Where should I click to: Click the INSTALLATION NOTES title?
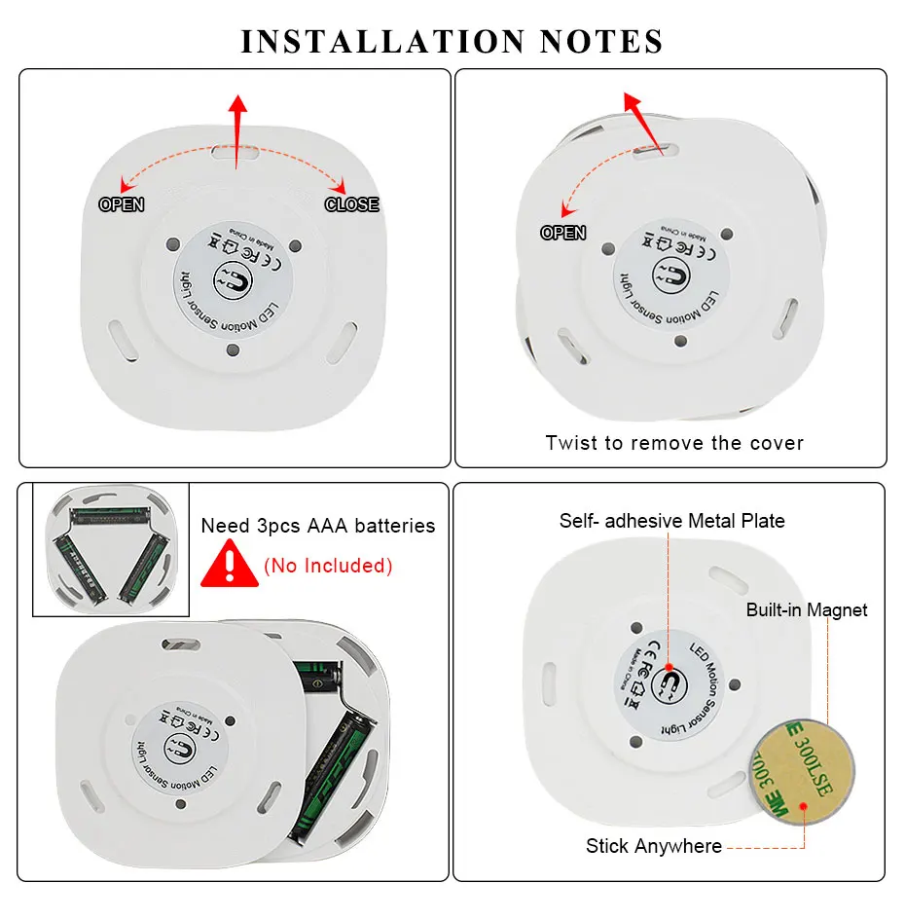tap(452, 42)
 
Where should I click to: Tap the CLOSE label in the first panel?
tap(351, 204)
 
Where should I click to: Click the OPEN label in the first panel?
tap(122, 204)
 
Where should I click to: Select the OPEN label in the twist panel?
tap(562, 233)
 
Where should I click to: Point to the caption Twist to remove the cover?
tap(674, 443)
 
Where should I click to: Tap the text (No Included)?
tap(328, 566)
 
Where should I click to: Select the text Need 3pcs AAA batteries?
tap(318, 526)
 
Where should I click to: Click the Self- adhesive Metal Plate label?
tap(671, 521)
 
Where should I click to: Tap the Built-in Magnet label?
tap(807, 610)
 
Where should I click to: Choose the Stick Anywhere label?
tap(654, 846)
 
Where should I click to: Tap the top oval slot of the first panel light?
tap(235, 154)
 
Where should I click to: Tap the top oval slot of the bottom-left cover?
tap(179, 644)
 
